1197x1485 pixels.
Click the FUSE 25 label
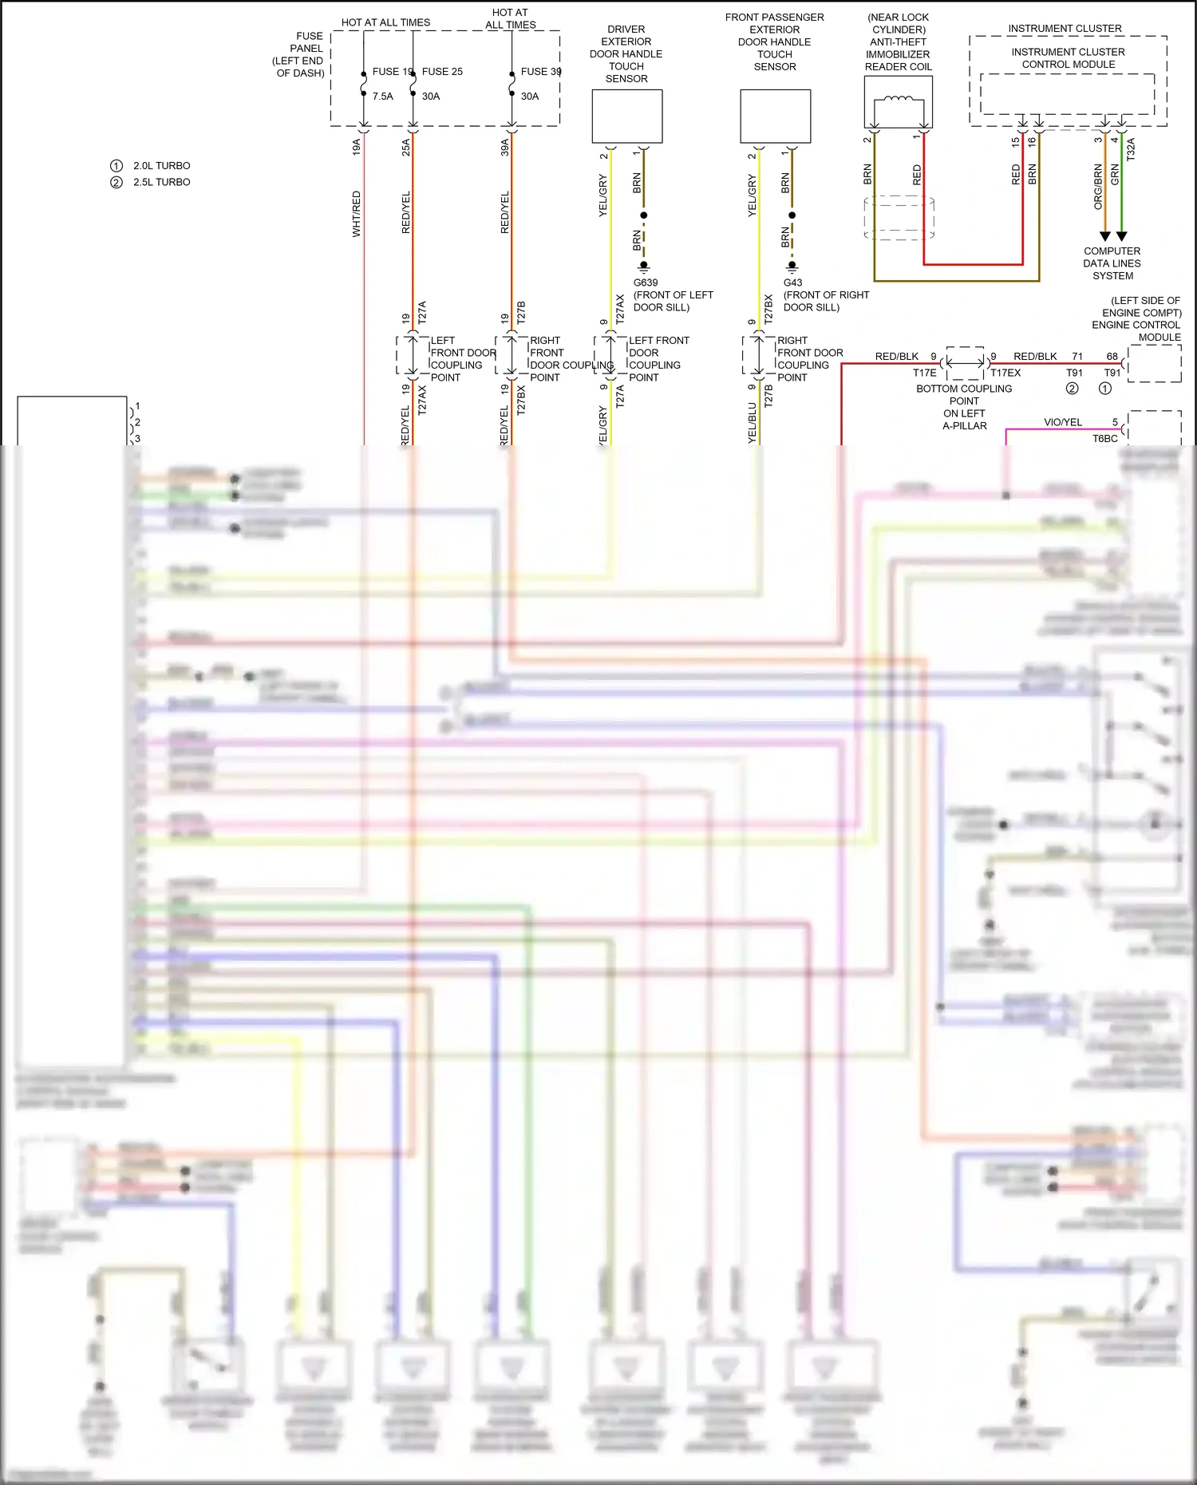pyautogui.click(x=442, y=72)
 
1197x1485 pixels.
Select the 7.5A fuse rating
pyautogui.click(x=382, y=97)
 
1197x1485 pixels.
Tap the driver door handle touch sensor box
pyautogui.click(x=626, y=117)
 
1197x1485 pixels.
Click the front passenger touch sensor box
pyautogui.click(x=775, y=117)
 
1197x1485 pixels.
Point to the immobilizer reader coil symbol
pyautogui.click(x=898, y=101)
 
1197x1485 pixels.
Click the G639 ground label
pyautogui.click(x=646, y=283)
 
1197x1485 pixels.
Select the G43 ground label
pyautogui.click(x=792, y=283)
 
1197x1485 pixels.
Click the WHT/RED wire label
pyautogui.click(x=357, y=213)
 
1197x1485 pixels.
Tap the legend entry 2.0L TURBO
pyautogui.click(x=161, y=166)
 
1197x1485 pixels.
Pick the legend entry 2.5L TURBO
pyautogui.click(x=161, y=182)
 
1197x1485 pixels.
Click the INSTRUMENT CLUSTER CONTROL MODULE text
pyautogui.click(x=1068, y=58)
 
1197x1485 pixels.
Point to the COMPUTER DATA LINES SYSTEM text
pyautogui.click(x=1112, y=263)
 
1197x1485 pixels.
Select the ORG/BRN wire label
pyautogui.click(x=1098, y=187)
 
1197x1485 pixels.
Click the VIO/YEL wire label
pyautogui.click(x=1063, y=422)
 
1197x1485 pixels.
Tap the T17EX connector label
pyautogui.click(x=1005, y=373)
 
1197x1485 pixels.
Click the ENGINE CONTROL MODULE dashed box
pyautogui.click(x=1154, y=364)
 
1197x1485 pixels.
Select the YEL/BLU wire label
pyautogui.click(x=752, y=422)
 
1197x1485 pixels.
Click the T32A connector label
pyautogui.click(x=1130, y=149)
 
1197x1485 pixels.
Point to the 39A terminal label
pyautogui.click(x=504, y=147)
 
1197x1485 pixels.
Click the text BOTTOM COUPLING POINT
pyautogui.click(x=964, y=395)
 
